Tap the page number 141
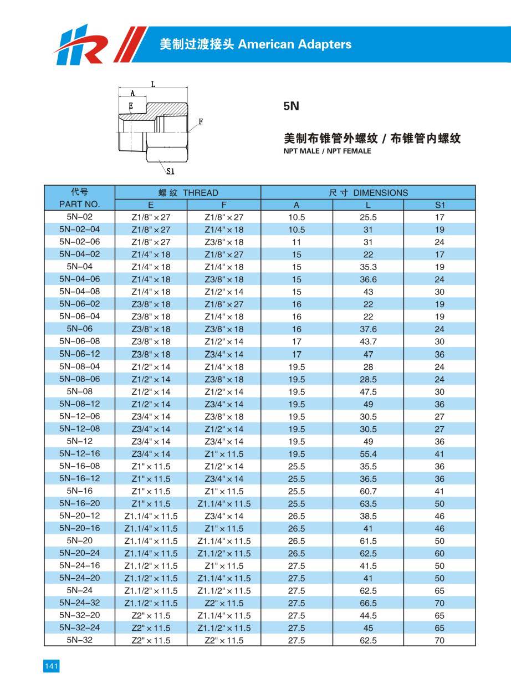[51, 666]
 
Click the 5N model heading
[291, 106]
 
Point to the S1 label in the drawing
[171, 172]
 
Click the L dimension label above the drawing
[153, 84]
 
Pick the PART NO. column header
[79, 205]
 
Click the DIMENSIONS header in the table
[368, 193]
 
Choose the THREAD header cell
[188, 193]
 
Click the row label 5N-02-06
[79, 242]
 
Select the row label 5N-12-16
[79, 453]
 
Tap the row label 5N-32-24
[79, 627]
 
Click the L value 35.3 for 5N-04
[368, 267]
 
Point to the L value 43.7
[368, 341]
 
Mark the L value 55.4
[368, 453]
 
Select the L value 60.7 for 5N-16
[368, 491]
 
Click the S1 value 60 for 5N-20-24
[440, 553]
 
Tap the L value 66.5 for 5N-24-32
[368, 603]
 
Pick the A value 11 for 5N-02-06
[297, 242]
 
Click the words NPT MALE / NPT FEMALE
[327, 151]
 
